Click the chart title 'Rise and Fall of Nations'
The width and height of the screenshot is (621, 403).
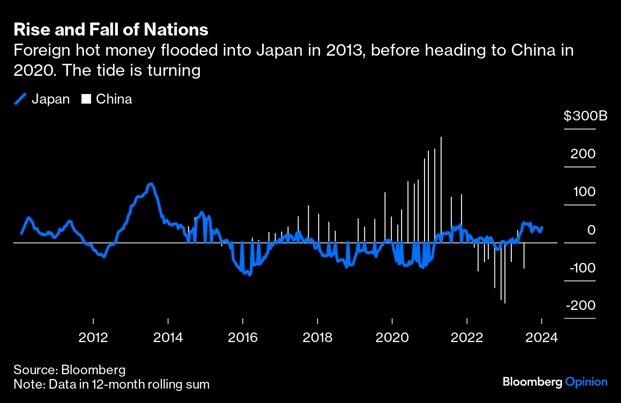pos(111,30)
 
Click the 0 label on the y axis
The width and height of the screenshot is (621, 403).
pos(591,230)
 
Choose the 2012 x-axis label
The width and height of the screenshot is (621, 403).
pos(93,337)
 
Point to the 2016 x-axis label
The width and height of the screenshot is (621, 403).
pos(242,337)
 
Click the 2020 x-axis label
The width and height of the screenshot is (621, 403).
pos(392,337)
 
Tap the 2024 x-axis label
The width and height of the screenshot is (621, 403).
pos(542,337)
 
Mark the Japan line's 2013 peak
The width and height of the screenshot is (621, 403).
pos(150,184)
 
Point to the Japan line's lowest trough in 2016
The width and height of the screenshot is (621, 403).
pos(249,275)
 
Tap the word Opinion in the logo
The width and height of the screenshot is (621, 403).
pos(586,382)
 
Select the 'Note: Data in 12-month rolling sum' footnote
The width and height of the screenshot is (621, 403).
pos(111,384)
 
